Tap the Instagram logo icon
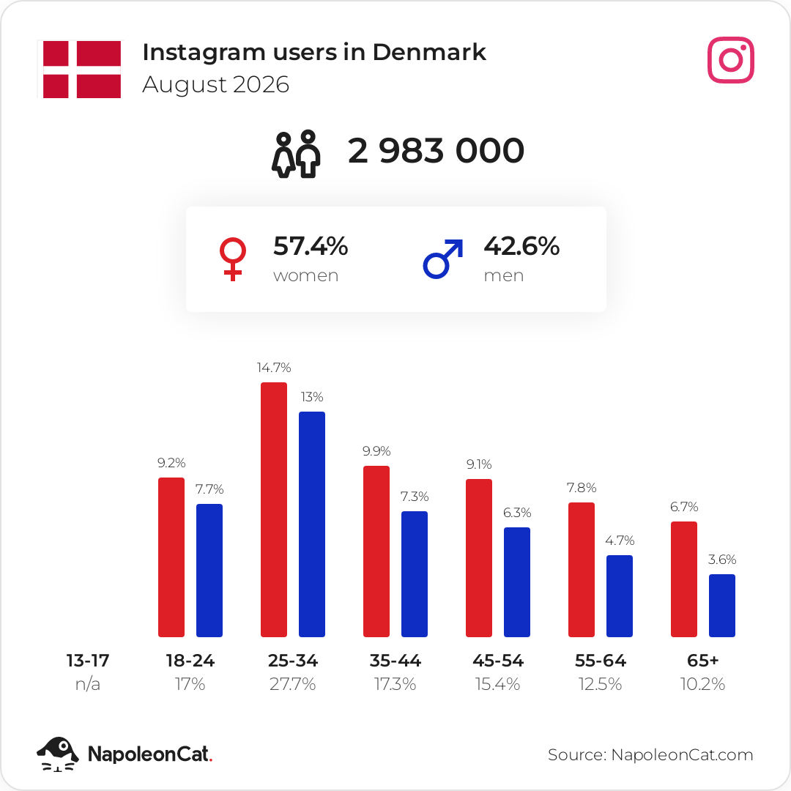pos(730,60)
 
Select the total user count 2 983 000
pos(436,150)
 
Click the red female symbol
pos(233,259)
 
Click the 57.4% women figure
pos(311,246)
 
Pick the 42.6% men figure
pos(521,246)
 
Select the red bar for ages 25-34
pos(274,510)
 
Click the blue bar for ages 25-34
pos(312,524)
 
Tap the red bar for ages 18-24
pos(171,557)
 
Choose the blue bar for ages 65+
pos(722,606)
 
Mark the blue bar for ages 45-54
pos(517,582)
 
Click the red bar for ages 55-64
pos(582,570)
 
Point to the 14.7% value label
pos(274,368)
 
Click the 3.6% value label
pos(722,560)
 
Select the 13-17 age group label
pos(88,661)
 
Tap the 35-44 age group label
pos(395,661)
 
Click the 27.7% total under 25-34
pos(292,684)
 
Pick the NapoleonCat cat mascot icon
pos(58,754)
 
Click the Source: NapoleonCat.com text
pos(650,754)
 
